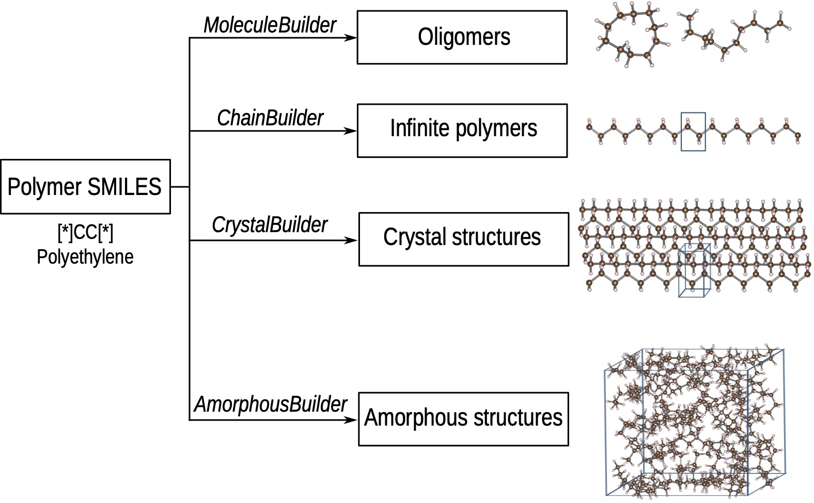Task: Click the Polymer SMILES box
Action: (x=85, y=187)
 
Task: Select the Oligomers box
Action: (x=462, y=37)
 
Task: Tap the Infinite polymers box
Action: (x=462, y=131)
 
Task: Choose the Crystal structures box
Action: (x=463, y=239)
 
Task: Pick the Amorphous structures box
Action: (x=463, y=418)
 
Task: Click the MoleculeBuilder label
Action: (x=270, y=25)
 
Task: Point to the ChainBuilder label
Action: (x=270, y=118)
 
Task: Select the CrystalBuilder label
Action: (x=270, y=225)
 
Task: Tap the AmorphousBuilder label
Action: (x=271, y=404)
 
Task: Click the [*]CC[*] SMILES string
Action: (x=85, y=233)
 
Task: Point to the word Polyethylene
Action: (x=85, y=257)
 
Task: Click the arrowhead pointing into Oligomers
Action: (x=352, y=38)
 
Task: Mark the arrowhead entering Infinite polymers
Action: (x=352, y=131)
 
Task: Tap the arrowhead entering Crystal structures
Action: (x=352, y=240)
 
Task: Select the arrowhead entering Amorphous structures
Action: (x=352, y=420)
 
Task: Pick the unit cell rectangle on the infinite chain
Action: (x=693, y=132)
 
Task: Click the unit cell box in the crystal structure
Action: (x=694, y=270)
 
